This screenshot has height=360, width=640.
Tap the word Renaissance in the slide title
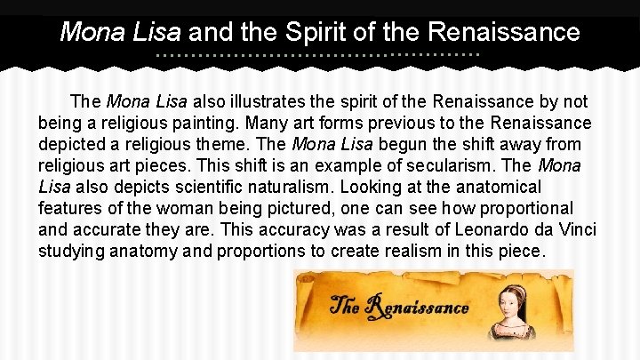[504, 33]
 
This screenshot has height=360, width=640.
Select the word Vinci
[575, 229]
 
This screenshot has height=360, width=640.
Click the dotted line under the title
[318, 55]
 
